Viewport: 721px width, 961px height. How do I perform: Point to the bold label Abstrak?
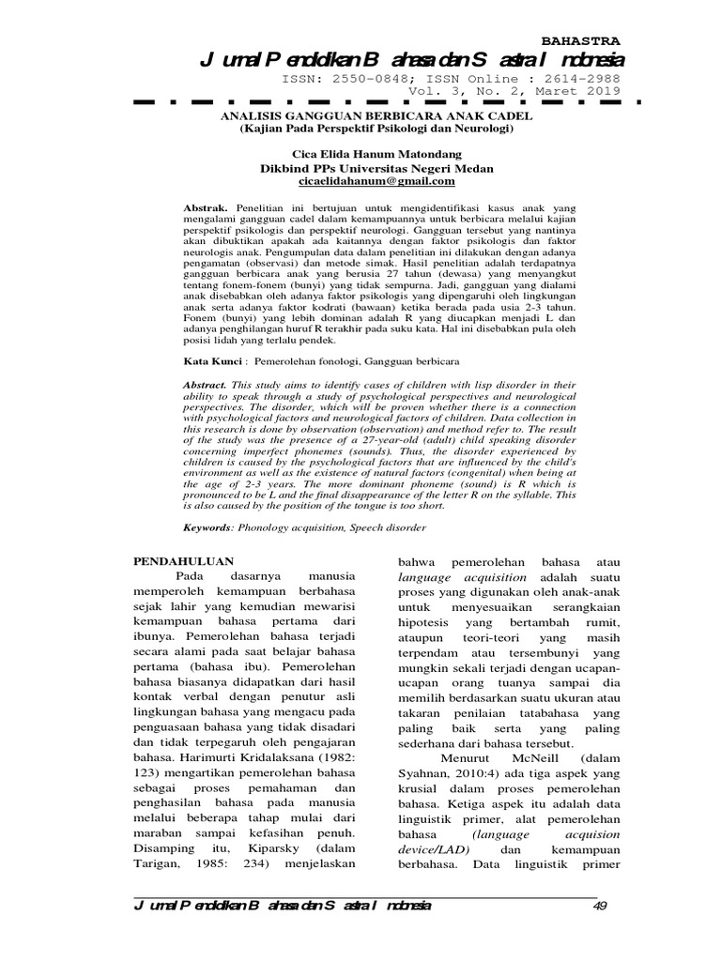[x=204, y=203]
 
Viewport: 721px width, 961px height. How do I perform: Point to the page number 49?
[x=601, y=906]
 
